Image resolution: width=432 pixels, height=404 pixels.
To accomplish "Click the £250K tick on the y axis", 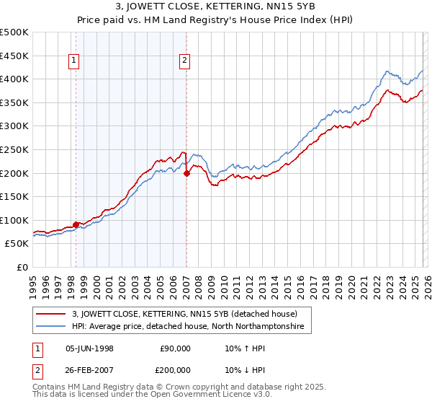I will pos(14,149).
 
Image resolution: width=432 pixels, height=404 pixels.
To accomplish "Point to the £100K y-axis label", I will pos(14,220).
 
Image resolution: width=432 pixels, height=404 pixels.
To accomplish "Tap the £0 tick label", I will pos(22,268).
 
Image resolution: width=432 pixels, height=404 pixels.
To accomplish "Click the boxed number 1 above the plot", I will pos(75,61).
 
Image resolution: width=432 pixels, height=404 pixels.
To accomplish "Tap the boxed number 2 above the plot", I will pos(185,61).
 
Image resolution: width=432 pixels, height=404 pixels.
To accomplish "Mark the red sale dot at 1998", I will pos(76,224).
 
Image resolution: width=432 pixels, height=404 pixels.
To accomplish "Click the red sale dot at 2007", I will pos(186,173).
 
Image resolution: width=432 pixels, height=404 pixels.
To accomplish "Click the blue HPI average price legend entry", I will pos(188,327).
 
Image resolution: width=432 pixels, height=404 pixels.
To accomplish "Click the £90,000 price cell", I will pos(175,348).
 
